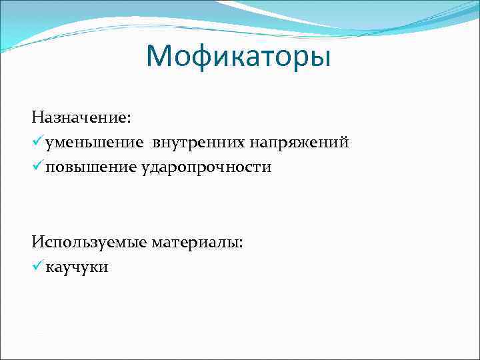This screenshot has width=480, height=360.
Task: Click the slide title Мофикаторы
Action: [239, 57]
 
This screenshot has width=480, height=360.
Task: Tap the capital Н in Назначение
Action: [37, 117]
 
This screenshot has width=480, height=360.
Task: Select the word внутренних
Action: [199, 143]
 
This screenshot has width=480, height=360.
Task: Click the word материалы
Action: [195, 243]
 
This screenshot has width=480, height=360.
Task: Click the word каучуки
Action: [77, 267]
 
